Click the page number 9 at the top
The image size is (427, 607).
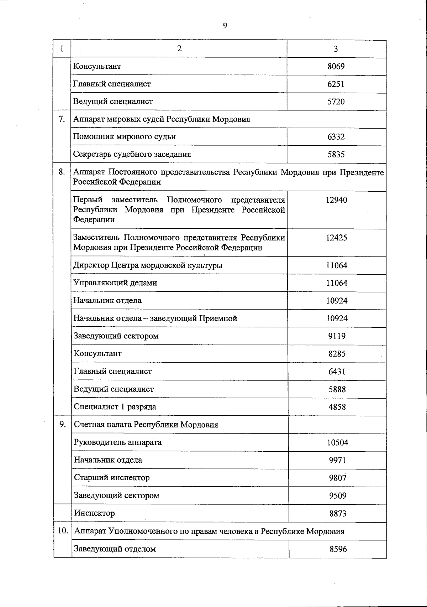[x=225, y=25]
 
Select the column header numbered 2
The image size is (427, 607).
[x=179, y=49]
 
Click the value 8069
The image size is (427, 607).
[x=336, y=67]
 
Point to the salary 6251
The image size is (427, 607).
[x=336, y=84]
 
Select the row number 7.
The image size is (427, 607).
[x=62, y=119]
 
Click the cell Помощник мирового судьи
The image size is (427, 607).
[x=125, y=137]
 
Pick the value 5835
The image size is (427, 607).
[x=336, y=155]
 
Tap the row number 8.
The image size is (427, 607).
[x=62, y=172]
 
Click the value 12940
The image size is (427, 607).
[x=336, y=200]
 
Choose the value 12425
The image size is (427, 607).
[x=336, y=238]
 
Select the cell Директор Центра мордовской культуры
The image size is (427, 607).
[x=148, y=265]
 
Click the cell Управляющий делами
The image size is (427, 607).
[x=115, y=283]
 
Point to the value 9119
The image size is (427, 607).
[x=337, y=336]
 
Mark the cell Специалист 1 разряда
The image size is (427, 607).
[x=115, y=407]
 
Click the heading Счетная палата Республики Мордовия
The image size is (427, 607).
[x=146, y=425]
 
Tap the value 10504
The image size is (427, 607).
[x=337, y=443]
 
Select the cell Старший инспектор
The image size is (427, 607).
[x=112, y=478]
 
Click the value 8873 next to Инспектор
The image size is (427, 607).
[x=338, y=514]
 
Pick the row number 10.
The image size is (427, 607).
[x=63, y=531]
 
